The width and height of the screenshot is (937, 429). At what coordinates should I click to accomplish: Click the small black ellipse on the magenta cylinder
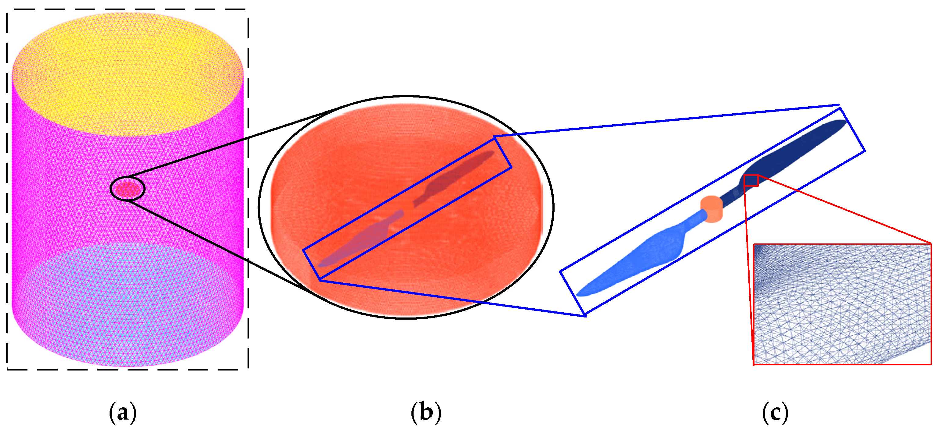(127, 189)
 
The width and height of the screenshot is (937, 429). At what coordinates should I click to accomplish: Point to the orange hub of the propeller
(711, 209)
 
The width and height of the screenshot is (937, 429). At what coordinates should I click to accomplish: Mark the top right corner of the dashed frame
(248, 10)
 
